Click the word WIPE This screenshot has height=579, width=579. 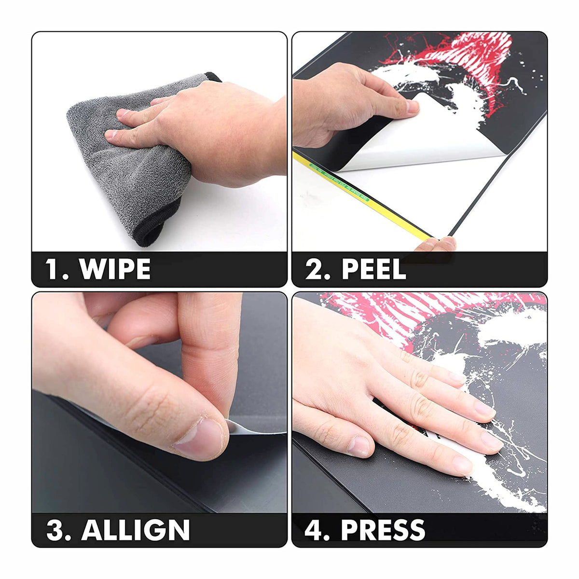point(115,269)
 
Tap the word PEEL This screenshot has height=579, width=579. point(374,269)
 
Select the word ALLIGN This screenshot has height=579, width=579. point(136,529)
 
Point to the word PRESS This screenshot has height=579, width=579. point(383,529)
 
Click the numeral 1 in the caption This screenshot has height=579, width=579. point(52,269)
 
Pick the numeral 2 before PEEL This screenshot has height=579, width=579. point(314,269)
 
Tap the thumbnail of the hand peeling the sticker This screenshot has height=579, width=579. point(412,106)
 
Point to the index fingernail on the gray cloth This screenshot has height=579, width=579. point(123,113)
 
